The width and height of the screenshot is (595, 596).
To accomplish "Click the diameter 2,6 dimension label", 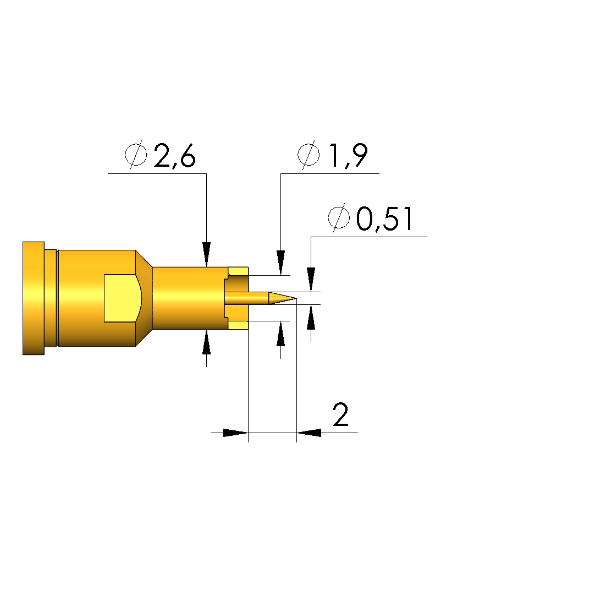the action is (x=160, y=155).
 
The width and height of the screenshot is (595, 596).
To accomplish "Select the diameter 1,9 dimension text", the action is (x=333, y=155).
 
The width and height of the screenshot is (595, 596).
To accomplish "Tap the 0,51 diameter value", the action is (x=370, y=219).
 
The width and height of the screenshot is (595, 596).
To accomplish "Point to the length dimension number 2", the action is (x=340, y=415).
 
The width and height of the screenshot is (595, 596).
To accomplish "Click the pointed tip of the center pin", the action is (x=296, y=298).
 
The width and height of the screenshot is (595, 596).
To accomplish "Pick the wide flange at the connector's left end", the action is (x=34, y=298).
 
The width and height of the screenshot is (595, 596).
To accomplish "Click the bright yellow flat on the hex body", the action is (x=122, y=298).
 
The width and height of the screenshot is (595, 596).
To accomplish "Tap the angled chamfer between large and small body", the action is (x=144, y=298).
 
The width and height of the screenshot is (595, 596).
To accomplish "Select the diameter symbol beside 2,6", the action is (x=136, y=155).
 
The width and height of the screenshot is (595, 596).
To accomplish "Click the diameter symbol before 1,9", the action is (x=308, y=155).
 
